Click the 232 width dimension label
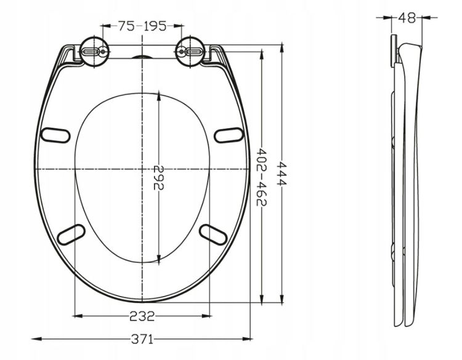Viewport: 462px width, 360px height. click(x=142, y=316)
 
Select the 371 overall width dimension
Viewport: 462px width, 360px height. click(x=142, y=340)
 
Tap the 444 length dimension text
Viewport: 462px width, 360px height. click(x=282, y=174)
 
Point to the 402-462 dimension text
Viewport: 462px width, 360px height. click(x=261, y=177)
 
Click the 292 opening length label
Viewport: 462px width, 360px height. click(x=158, y=177)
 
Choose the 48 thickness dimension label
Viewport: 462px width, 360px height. click(x=407, y=18)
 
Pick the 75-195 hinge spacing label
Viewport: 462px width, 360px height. click(x=142, y=26)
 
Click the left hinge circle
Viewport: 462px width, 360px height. click(x=94, y=52)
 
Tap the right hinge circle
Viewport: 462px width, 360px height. click(x=190, y=52)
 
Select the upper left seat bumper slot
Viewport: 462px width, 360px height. click(x=55, y=135)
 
